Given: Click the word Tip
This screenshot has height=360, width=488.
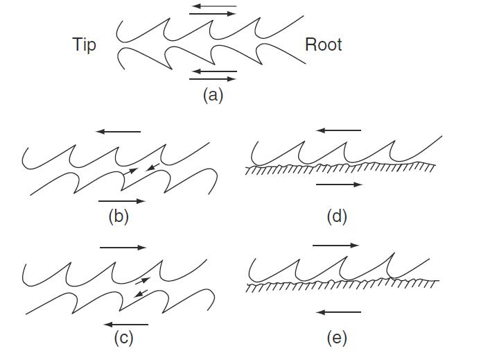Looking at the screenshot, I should point(84,45).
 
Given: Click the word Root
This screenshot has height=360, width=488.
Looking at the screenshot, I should point(323,45).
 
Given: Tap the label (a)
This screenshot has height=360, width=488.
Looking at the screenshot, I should point(213,95).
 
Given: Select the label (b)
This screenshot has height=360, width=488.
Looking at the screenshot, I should point(119,216).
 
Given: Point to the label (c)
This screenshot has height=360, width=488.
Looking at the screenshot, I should point(123,338).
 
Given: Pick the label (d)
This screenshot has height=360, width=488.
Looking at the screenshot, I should point(337,216).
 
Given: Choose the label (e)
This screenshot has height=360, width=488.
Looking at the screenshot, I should point(337,338).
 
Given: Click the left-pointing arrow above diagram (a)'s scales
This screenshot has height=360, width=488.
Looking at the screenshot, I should point(213,7).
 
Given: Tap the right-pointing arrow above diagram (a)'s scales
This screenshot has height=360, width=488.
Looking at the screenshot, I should point(213,14).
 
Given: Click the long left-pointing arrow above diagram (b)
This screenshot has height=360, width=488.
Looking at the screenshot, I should point(119,130).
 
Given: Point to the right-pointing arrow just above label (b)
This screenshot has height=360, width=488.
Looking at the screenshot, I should point(122,201).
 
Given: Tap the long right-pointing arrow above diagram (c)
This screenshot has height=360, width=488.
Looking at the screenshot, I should point(123,247).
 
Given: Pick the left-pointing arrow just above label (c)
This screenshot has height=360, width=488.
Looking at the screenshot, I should point(125,324).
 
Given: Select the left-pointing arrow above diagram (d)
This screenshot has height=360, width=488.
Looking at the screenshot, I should point(338,130).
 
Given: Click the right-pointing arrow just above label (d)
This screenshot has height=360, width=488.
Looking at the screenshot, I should point(338,185).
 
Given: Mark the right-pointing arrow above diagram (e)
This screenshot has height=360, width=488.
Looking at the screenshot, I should point(335,245).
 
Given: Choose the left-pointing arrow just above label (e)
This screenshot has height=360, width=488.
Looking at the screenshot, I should point(338,312).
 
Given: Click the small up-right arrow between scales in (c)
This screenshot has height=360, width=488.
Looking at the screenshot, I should point(141,281).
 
